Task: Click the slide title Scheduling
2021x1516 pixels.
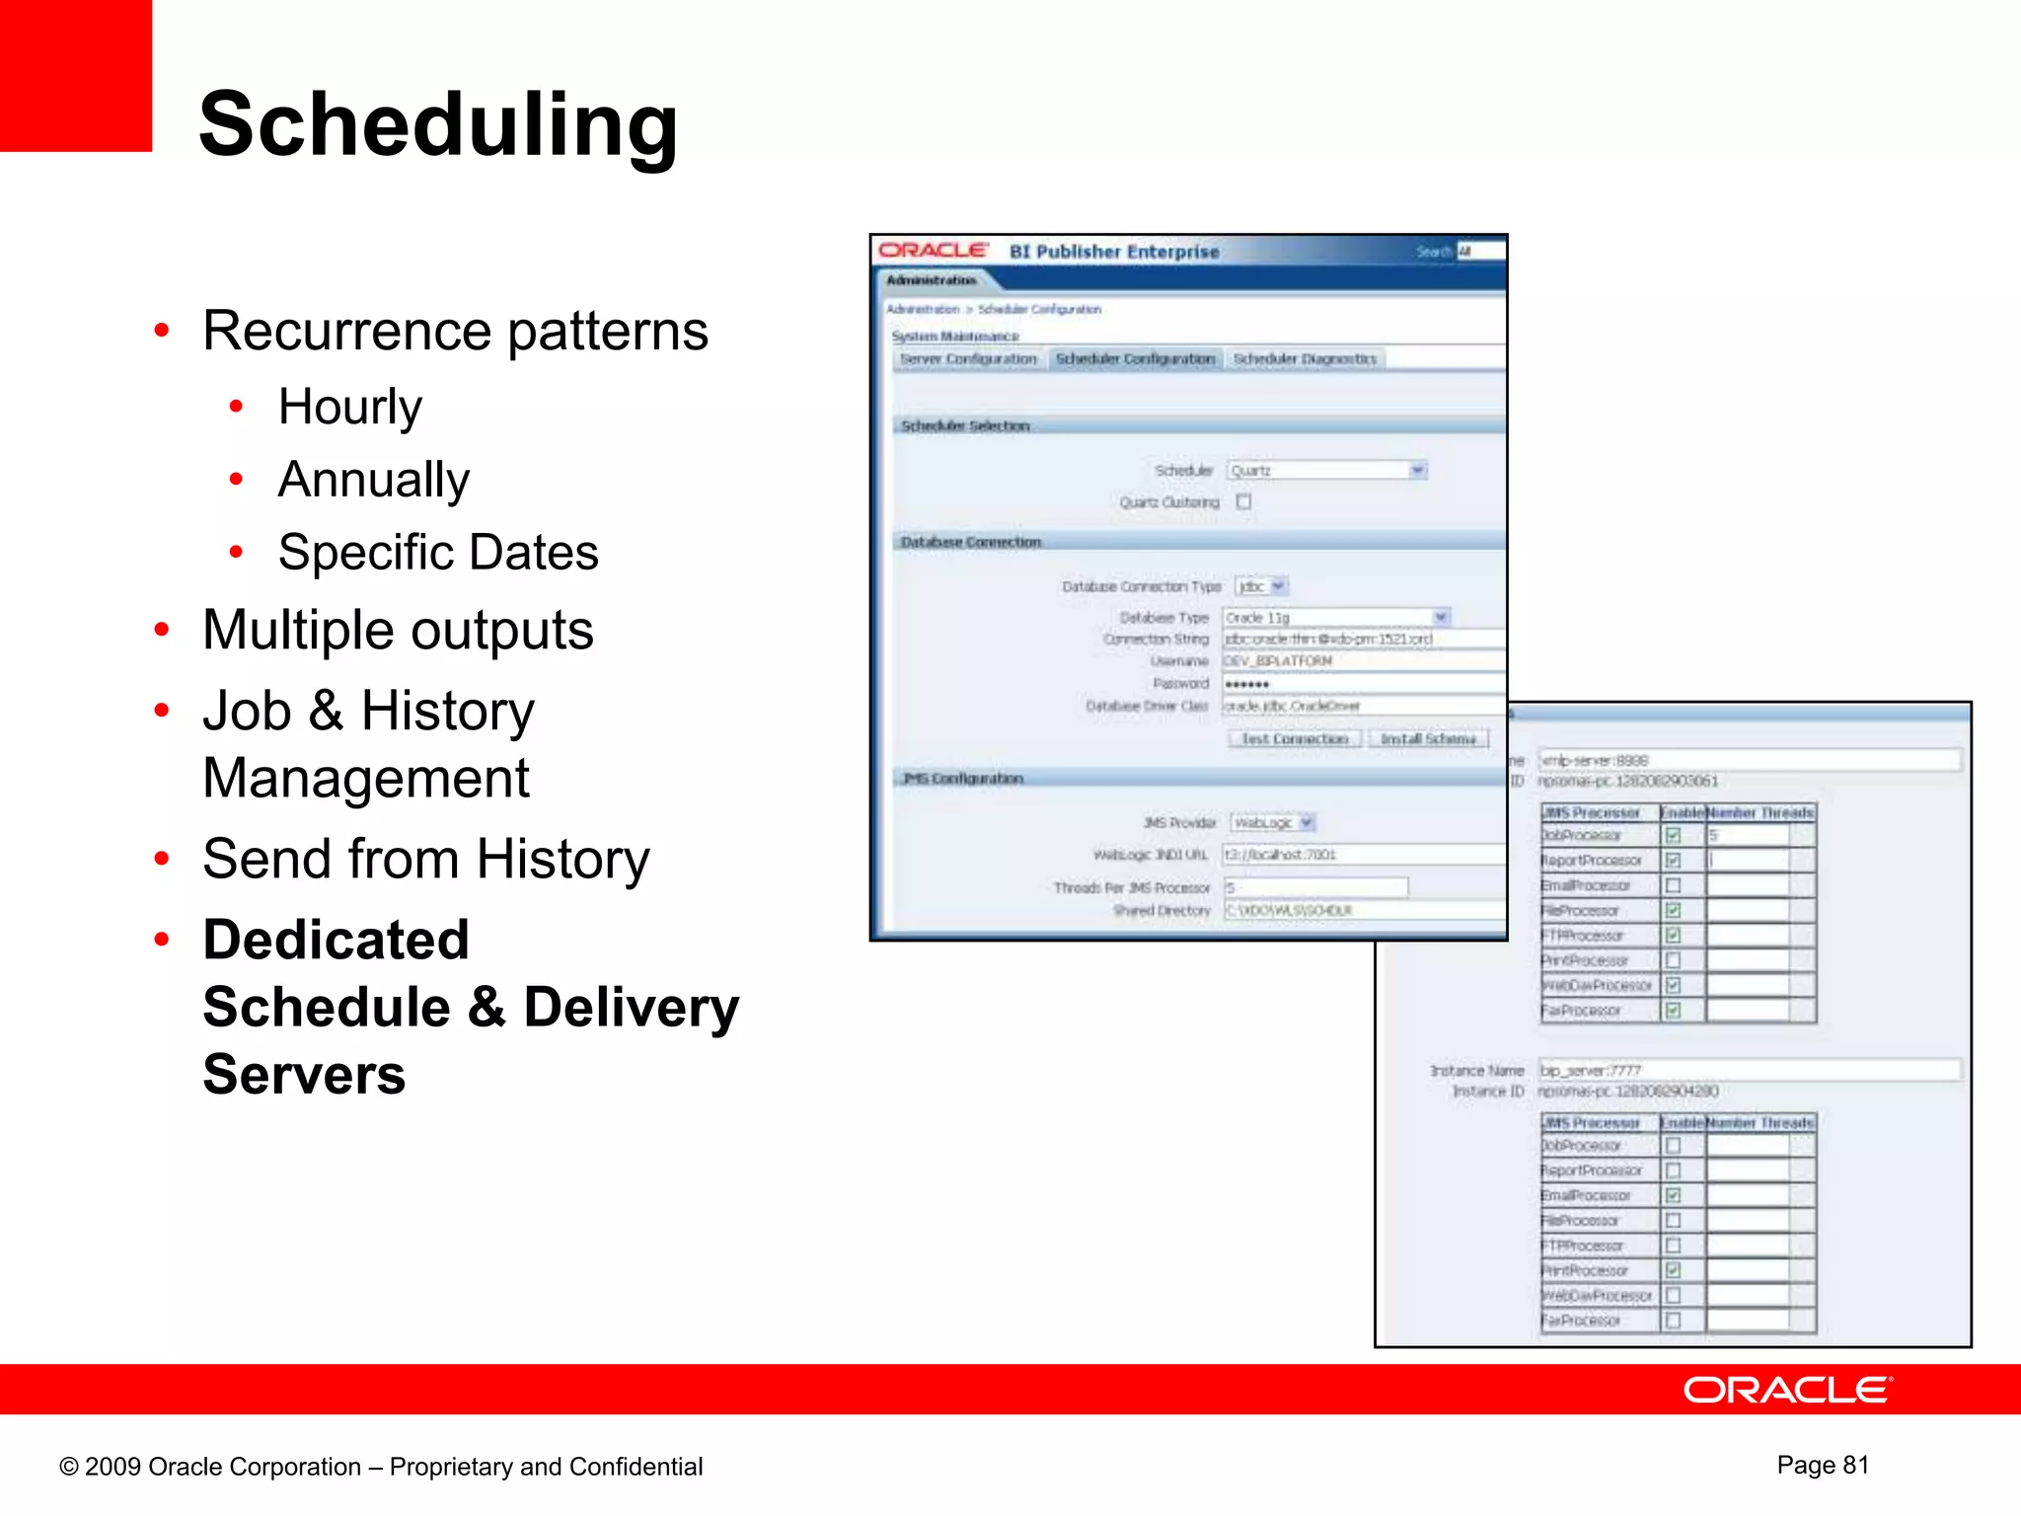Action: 438,125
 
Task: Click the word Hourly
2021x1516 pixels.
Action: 349,407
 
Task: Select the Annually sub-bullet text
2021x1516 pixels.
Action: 373,480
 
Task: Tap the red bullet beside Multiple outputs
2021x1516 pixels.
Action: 162,630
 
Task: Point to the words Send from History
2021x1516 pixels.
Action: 425,859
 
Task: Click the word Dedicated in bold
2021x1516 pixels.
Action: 336,940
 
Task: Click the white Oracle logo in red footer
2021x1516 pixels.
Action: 1787,1390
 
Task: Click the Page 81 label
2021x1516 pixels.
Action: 1823,1465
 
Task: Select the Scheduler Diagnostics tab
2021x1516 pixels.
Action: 1305,359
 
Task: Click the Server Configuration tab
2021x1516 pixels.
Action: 968,359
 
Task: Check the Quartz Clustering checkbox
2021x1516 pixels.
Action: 1244,501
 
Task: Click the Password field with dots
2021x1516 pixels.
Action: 1362,683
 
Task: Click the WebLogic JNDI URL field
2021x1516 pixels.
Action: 1362,855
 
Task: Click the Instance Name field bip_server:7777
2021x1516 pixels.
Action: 1747,1070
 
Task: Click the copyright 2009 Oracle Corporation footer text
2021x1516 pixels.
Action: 381,1467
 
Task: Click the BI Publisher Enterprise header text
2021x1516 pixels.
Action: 1114,252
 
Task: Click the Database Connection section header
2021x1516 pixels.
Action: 971,542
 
